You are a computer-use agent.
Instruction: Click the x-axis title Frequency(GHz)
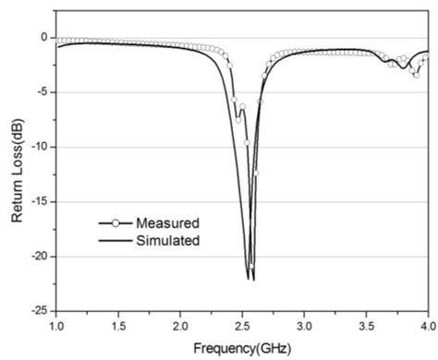[x=242, y=348]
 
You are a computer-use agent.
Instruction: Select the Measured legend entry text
[x=167, y=222]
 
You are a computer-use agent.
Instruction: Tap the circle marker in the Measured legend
[x=115, y=222]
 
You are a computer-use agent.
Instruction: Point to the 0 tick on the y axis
[x=43, y=38]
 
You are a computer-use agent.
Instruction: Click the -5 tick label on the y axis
[x=40, y=92]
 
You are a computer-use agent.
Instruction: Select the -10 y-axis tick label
[x=37, y=147]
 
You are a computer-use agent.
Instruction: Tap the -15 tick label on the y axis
[x=37, y=201]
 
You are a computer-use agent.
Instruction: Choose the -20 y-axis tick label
[x=37, y=257]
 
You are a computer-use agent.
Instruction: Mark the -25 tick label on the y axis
[x=37, y=311]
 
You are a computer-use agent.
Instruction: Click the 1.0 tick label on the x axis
[x=56, y=326]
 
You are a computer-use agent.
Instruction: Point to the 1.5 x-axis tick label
[x=118, y=326]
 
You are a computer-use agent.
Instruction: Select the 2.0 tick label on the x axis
[x=180, y=326]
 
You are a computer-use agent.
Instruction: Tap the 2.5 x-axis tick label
[x=242, y=326]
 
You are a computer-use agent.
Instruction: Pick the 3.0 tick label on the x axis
[x=304, y=326]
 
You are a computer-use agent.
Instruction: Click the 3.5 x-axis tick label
[x=366, y=326]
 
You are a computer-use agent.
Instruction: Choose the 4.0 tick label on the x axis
[x=427, y=326]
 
